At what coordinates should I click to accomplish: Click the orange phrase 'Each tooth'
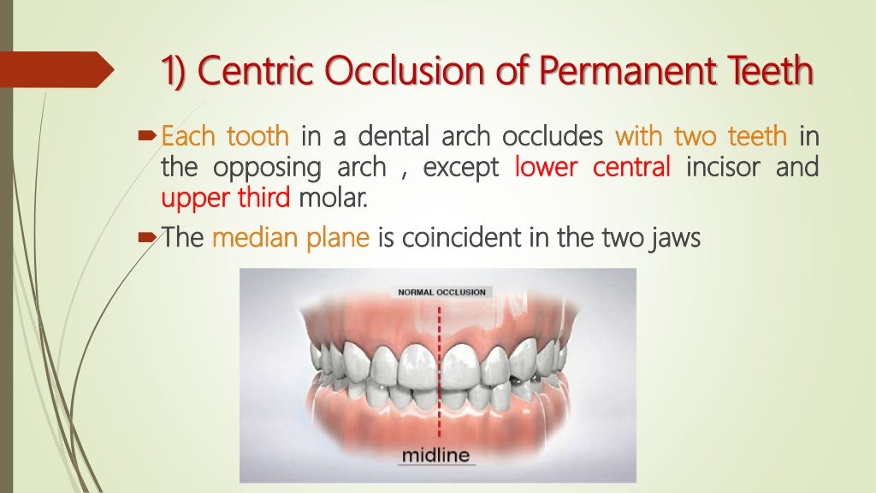coord(225,135)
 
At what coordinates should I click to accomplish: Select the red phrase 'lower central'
coord(592,167)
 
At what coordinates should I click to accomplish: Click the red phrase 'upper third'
coord(226,199)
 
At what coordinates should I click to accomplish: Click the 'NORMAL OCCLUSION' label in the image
coord(441,292)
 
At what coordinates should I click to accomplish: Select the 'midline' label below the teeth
coord(436,454)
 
